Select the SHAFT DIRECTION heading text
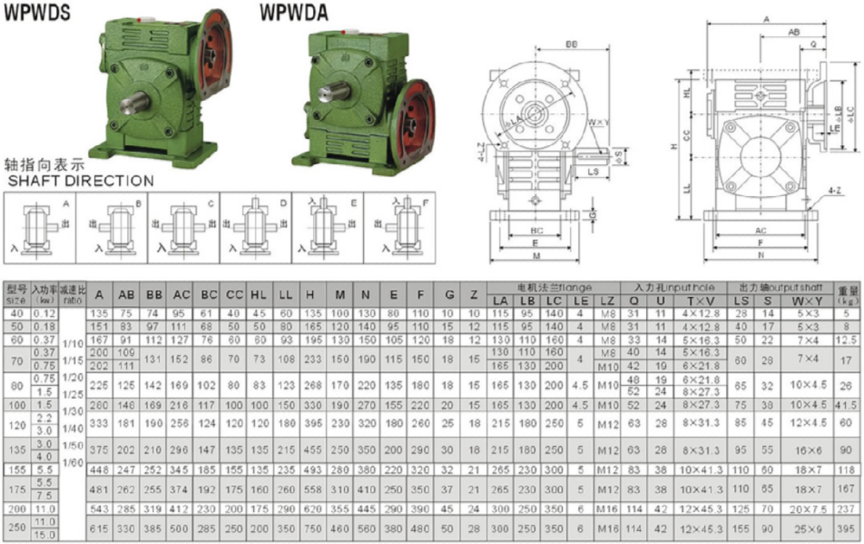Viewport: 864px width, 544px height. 80,181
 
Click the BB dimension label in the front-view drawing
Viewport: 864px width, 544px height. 571,45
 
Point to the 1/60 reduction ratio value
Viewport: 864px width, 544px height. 73,461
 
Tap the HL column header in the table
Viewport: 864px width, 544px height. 258,295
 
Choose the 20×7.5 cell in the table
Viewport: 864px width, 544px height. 807,508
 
